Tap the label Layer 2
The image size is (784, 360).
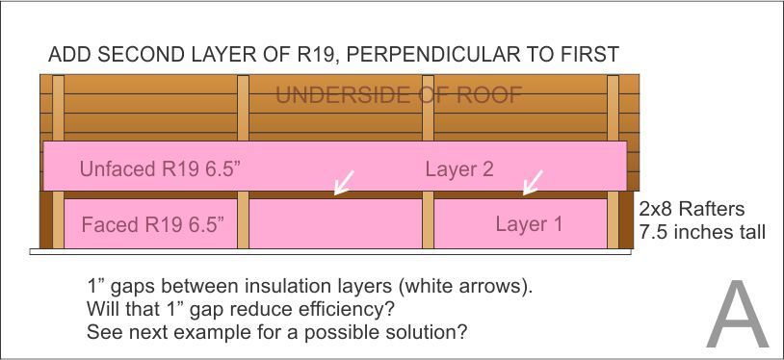tap(459, 169)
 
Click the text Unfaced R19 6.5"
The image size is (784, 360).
tap(160, 169)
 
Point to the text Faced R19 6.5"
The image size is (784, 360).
tap(152, 225)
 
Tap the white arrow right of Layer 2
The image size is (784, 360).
tap(531, 181)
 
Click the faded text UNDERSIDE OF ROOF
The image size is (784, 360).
tap(399, 95)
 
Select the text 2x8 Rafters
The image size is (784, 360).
tap(693, 209)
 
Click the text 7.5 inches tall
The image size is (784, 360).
tap(702, 232)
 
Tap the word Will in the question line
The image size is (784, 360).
tap(101, 310)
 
